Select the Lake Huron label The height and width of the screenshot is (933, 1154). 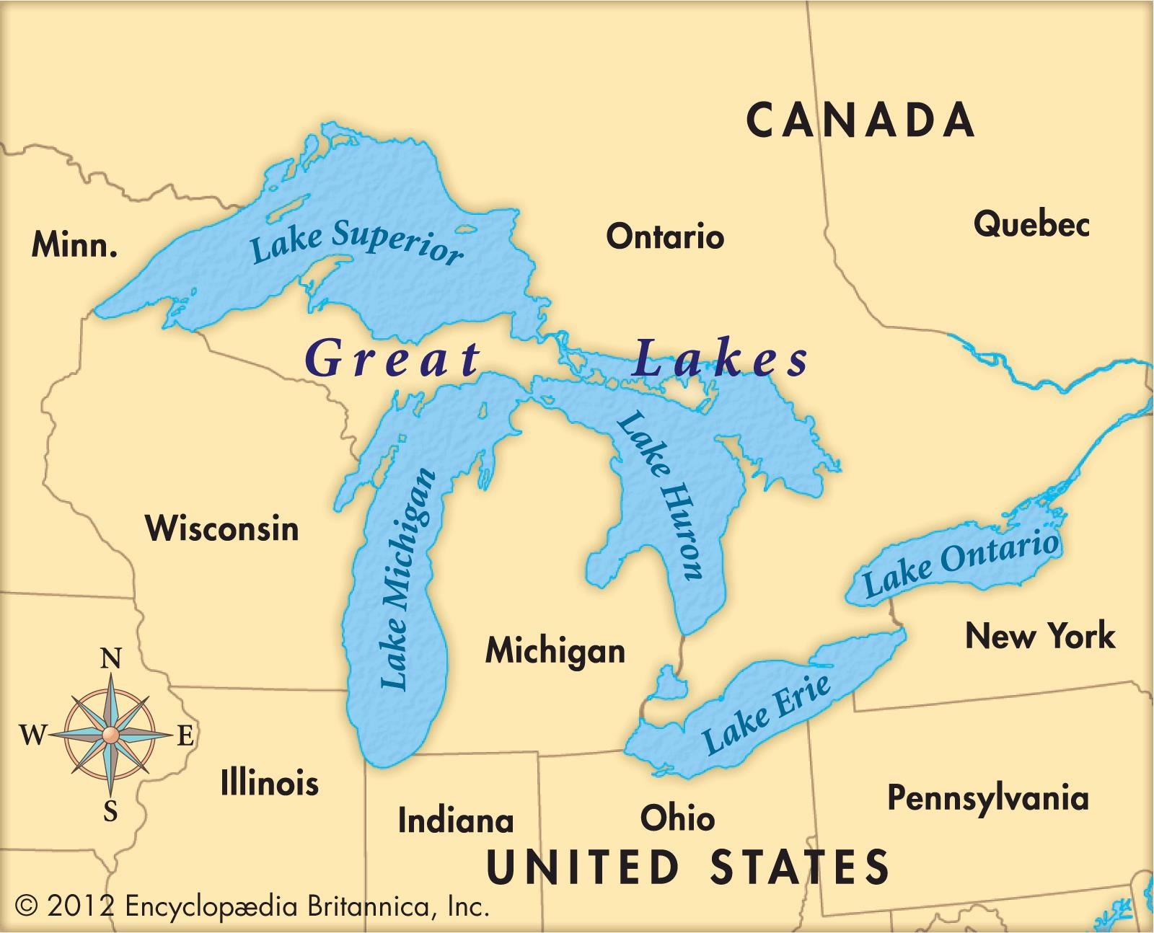[659, 496]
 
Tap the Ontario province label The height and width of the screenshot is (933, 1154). [664, 236]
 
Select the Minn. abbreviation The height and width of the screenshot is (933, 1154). [74, 246]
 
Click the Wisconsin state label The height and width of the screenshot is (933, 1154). [222, 529]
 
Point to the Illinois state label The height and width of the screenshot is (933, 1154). [269, 782]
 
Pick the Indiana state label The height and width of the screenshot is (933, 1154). [456, 821]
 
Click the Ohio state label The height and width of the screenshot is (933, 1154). [677, 818]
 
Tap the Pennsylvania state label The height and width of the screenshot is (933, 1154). [987, 798]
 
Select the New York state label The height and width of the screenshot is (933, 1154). [1040, 636]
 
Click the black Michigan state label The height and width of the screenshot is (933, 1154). [555, 651]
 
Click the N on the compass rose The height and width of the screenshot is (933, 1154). [110, 659]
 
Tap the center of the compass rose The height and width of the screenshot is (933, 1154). [110, 735]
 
